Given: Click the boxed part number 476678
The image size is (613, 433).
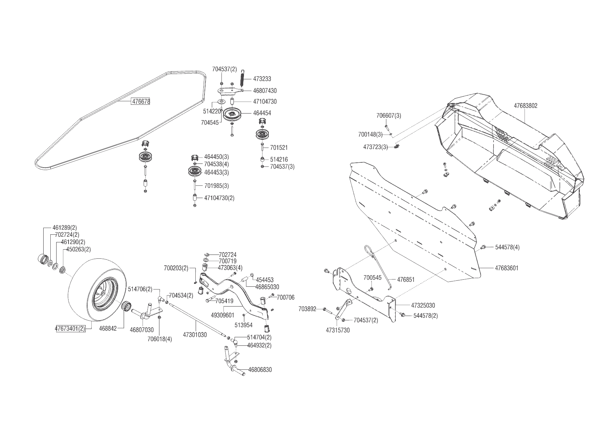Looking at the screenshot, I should tap(141, 102).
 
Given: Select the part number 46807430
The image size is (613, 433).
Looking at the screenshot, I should tap(265, 91).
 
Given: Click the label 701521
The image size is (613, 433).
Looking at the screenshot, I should tap(279, 148).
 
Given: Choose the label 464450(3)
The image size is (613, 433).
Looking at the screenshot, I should tap(216, 157).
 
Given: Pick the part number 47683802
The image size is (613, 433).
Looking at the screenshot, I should tap(525, 105).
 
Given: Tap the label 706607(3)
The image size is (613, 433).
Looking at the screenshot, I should tap(389, 116).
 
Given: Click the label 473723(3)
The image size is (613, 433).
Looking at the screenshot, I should tap(375, 147).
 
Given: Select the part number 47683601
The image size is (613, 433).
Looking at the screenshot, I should tap(506, 268).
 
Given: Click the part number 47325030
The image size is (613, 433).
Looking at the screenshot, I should tap(423, 306).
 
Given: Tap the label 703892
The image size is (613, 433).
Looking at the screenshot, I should tap(307, 309).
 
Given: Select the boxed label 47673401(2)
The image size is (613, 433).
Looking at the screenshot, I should tap(70, 329).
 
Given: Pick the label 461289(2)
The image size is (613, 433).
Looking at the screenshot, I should tap(65, 228).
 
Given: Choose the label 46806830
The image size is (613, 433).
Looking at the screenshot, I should tap(260, 370).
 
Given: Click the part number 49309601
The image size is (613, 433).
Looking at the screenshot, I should tap(223, 315).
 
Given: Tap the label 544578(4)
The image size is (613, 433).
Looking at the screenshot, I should tap(507, 247).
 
